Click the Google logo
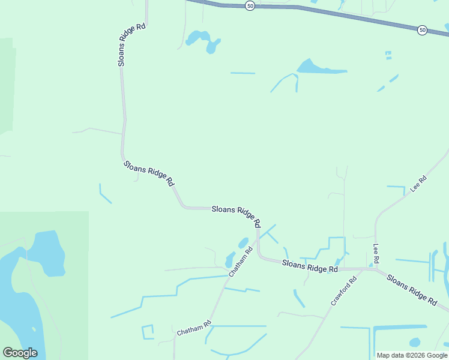(x=20, y=353)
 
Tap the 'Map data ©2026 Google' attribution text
(x=412, y=355)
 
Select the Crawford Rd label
(x=343, y=291)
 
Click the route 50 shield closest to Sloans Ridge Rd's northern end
(x=250, y=5)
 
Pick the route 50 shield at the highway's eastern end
(x=423, y=29)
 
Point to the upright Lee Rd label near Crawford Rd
(x=376, y=253)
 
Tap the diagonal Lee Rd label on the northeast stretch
(x=418, y=184)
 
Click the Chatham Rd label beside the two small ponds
(x=240, y=262)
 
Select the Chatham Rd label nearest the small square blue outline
(x=194, y=328)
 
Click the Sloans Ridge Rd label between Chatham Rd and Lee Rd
(x=309, y=266)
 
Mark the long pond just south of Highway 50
(x=318, y=67)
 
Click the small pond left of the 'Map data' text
(x=415, y=343)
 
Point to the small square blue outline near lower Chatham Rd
(x=148, y=332)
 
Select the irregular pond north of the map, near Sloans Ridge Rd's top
(x=201, y=40)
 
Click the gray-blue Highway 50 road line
(x=336, y=13)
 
